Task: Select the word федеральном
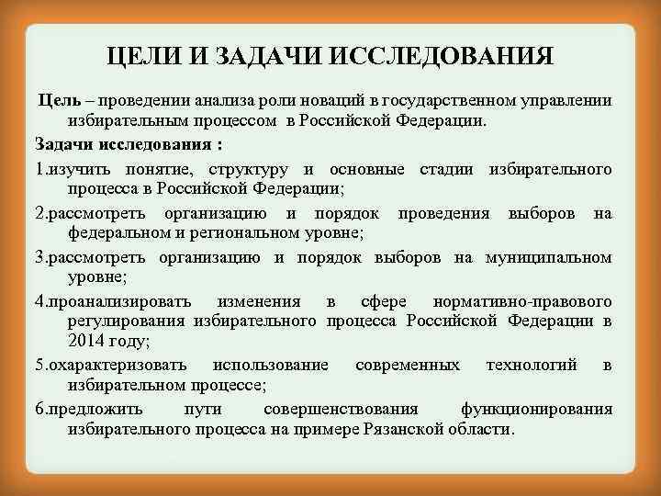[x=119, y=233]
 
